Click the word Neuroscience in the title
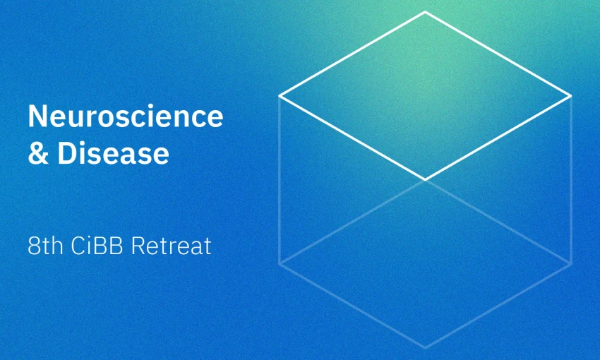pos(126,116)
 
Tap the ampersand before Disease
pos(38,153)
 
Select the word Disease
pos(113,153)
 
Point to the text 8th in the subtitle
pos(46,246)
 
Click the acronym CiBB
pos(97,246)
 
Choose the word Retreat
pos(171,246)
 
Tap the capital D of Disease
pos(67,153)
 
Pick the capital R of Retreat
pos(138,246)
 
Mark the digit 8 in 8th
pos(34,246)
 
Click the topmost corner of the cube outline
pos(425,12)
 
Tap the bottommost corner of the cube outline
pos(425,348)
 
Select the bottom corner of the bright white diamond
pos(425,179)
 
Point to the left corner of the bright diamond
pos(280,95)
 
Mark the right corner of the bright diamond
pos(571,95)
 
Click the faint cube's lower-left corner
pos(280,263)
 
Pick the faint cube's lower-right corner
pos(571,263)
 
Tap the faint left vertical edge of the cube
pos(280,180)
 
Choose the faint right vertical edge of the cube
pos(571,180)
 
